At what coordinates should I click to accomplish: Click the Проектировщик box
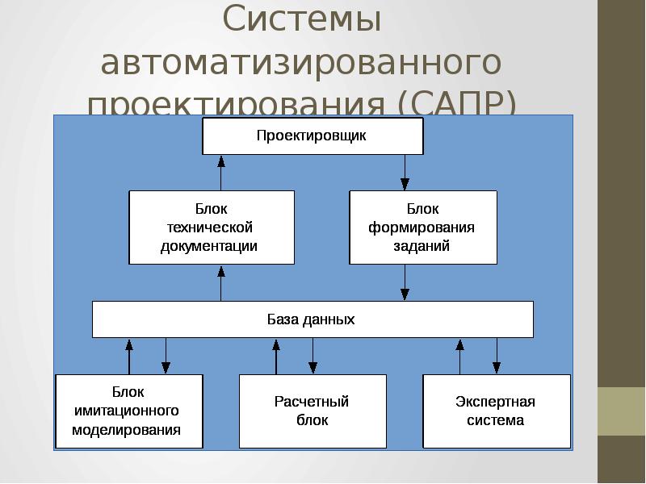point(312,136)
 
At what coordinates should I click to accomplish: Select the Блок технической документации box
point(211,227)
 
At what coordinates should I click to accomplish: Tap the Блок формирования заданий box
point(422,227)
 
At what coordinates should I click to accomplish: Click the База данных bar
point(313,319)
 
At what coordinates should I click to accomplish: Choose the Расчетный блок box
point(312,411)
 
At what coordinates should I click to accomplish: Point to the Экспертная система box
point(496,411)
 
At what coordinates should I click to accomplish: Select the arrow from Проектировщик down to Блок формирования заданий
point(405,172)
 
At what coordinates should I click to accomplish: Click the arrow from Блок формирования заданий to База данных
point(405,282)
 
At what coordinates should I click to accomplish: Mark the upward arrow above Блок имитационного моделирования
point(128,356)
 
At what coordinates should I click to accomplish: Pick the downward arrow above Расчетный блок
point(313,356)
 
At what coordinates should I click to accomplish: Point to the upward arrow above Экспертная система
point(460,356)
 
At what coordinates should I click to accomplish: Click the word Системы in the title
point(302,20)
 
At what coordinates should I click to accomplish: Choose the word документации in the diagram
point(209,246)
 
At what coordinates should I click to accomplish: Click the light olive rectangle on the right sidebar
point(622,411)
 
